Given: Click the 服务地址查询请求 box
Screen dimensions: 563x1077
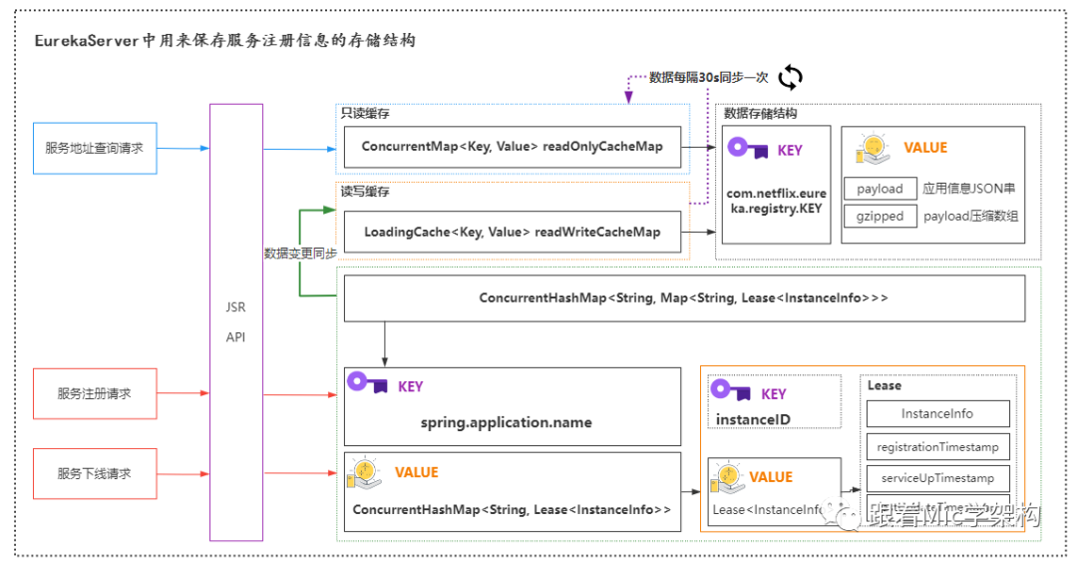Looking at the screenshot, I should coord(95,148).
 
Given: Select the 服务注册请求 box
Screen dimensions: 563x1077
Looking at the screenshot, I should coord(95,393).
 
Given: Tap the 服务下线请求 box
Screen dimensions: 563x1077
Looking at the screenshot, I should coord(95,473).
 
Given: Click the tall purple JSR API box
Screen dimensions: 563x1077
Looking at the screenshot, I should coord(236,321).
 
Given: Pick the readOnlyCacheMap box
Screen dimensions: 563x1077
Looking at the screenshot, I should coord(512,147).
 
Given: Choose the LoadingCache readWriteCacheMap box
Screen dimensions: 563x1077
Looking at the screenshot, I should coord(512,232).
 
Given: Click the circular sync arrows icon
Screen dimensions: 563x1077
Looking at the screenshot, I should coord(790,77).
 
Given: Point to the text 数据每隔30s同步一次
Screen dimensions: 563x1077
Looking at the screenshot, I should coord(709,77).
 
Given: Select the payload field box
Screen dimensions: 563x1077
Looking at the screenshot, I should coord(880,189).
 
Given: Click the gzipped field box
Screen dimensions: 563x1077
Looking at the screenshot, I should coord(880,216).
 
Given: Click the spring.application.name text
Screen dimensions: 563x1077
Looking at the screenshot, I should coord(506,422).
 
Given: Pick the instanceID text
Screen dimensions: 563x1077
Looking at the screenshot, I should coord(753,419).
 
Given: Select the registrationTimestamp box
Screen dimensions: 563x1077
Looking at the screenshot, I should coord(937,446).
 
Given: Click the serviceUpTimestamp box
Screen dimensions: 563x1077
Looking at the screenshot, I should coord(937,478).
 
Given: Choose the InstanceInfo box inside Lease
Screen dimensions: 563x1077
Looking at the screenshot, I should coord(937,413).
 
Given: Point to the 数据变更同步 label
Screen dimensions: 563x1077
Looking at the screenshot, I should coord(300,254).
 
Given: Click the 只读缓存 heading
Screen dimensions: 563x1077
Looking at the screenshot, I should coord(365,113).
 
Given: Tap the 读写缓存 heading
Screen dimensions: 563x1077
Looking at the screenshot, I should coord(365,191).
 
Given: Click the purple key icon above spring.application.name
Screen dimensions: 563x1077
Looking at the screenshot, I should coord(367,383).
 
